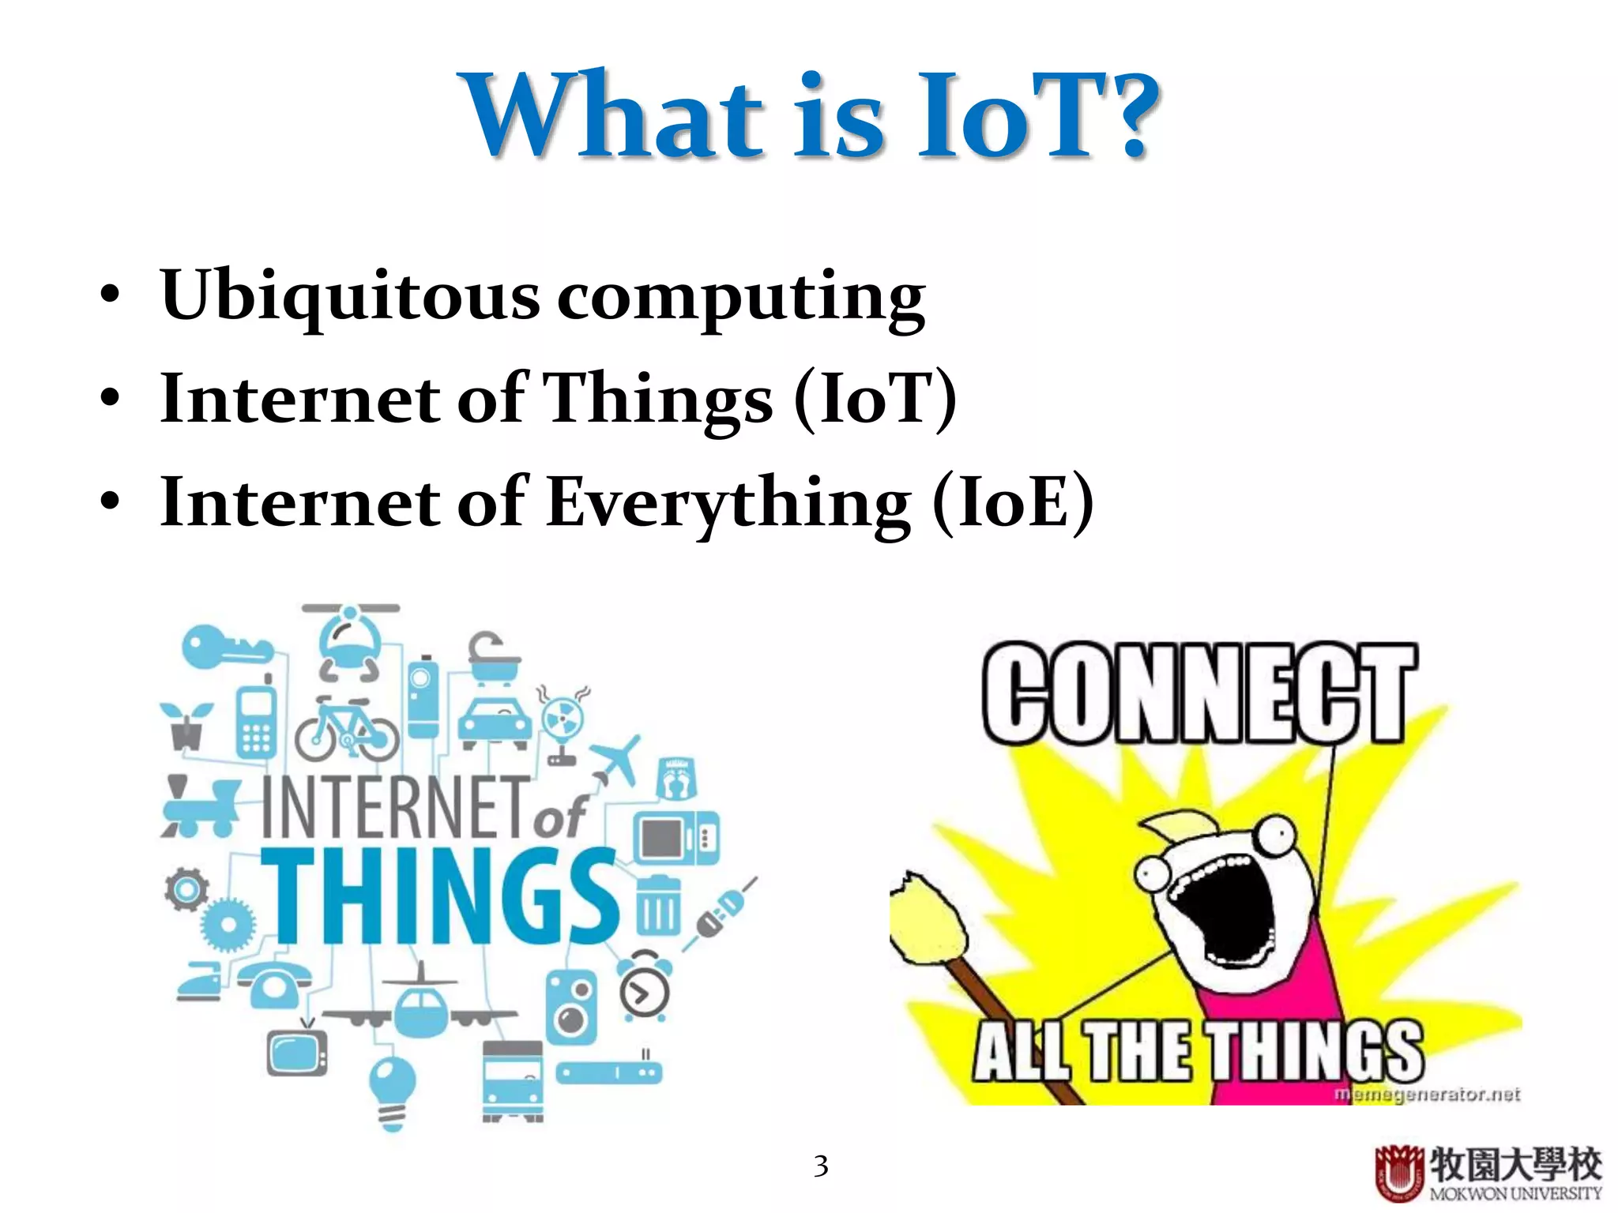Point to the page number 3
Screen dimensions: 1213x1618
point(821,1166)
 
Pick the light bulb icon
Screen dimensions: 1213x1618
point(393,1089)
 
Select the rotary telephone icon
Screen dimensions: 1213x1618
point(273,984)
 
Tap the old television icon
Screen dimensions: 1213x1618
point(297,1051)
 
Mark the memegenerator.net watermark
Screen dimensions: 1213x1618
point(1427,1095)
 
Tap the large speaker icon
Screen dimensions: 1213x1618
point(571,1008)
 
